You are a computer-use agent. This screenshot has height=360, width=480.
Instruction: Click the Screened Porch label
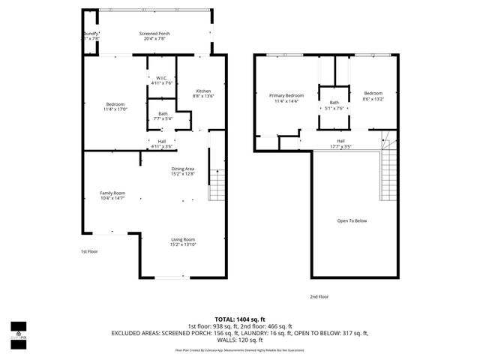pos(154,34)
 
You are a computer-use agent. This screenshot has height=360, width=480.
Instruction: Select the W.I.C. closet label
pos(161,77)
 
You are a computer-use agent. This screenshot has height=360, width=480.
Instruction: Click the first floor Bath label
pos(163,113)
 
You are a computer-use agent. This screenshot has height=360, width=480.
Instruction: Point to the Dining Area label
pos(182,169)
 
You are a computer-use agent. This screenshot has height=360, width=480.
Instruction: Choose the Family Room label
pos(112,193)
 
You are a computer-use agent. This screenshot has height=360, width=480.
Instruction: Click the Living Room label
pos(182,239)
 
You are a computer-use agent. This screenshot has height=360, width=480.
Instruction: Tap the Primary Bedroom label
pos(286,95)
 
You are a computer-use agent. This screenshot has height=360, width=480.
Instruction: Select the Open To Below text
pos(352,221)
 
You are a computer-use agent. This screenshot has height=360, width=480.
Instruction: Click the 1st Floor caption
pos(89,252)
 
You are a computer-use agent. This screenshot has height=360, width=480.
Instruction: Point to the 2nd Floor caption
pos(319,296)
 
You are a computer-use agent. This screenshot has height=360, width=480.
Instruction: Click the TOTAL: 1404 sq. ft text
pos(240,319)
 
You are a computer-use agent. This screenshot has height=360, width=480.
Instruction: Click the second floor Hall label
pos(340,140)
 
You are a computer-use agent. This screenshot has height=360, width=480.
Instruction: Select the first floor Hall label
pos(162,140)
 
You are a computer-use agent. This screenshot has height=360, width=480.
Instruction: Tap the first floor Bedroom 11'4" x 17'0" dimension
pos(115,109)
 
